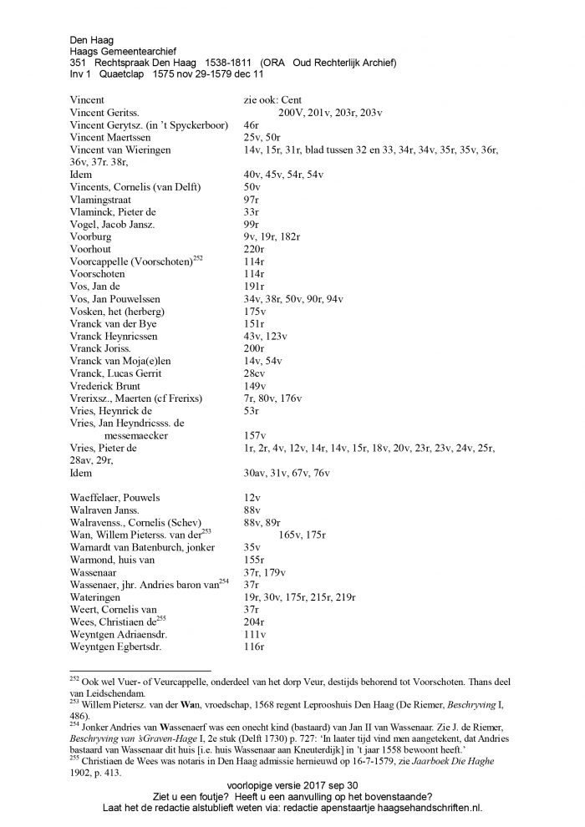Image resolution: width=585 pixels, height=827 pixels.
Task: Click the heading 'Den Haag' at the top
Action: click(x=91, y=39)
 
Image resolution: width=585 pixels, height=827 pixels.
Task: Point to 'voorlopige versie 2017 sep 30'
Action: click(x=292, y=785)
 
